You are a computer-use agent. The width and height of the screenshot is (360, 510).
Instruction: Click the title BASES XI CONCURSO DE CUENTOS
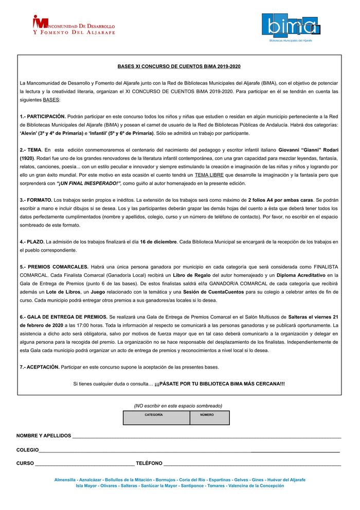tap(179, 66)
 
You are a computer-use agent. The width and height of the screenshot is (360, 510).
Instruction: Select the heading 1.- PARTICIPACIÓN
tap(43, 117)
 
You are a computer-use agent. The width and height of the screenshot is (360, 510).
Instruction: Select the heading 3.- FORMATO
tap(36, 200)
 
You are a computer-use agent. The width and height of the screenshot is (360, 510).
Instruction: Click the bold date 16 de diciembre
tap(158, 242)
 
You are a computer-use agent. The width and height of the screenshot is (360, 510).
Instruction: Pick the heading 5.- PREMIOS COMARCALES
tap(54, 267)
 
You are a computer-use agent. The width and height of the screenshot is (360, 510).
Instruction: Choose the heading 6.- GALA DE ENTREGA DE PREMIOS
tap(64, 317)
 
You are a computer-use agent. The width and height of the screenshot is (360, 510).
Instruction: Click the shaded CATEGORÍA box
tap(156, 417)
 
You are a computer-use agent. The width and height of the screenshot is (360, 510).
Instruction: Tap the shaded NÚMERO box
tap(209, 417)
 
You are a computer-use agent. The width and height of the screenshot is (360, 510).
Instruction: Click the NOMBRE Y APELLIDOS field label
tap(44, 436)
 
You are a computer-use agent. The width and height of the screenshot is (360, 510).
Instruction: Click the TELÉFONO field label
tap(149, 463)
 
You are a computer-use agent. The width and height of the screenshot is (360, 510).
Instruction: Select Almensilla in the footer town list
tap(65, 480)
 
